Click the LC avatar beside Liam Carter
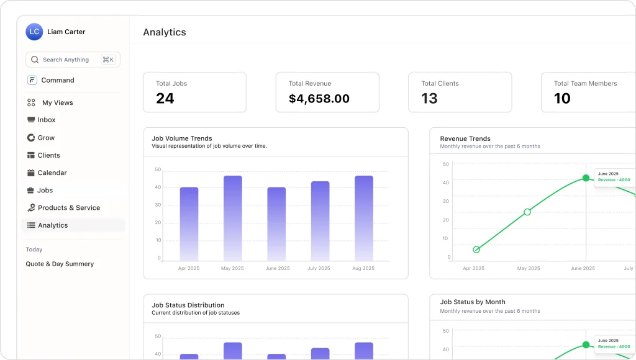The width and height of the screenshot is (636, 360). point(34,32)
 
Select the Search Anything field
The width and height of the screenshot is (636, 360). point(66,60)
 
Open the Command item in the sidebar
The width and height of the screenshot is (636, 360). point(57,80)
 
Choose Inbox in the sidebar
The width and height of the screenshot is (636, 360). point(47,120)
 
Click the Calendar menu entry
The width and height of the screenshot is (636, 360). point(52,173)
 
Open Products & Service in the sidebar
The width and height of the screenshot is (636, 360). point(68,208)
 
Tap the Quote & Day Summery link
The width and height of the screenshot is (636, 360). point(60,264)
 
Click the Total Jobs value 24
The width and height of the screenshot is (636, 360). point(165,98)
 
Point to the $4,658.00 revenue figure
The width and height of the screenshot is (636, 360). point(319,98)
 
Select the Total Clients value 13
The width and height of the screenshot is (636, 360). point(429,98)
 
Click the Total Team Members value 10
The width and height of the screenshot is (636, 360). point(562,98)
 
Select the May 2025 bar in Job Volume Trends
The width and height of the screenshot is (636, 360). point(233,218)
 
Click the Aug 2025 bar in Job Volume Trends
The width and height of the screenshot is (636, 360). point(364,218)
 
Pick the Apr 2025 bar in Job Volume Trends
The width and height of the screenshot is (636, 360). point(189,223)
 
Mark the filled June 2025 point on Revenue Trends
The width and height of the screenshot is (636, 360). point(586,178)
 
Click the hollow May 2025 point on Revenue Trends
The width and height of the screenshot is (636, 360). point(527,212)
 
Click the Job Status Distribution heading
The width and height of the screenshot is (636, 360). point(188,305)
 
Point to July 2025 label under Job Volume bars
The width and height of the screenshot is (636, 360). point(320,269)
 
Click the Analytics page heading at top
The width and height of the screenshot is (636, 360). point(165,32)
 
